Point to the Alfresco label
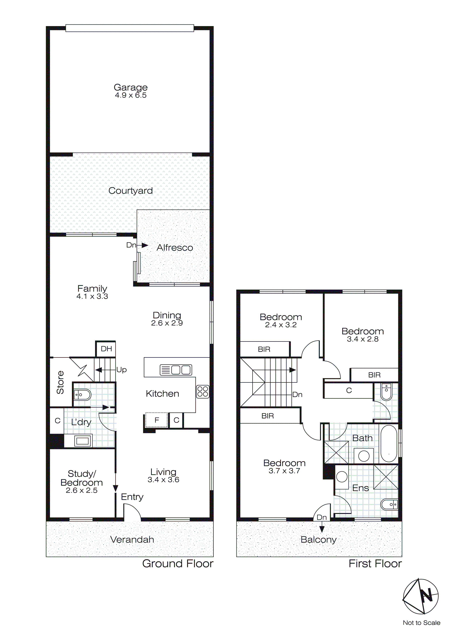[x=175, y=248]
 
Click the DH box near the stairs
[x=106, y=349]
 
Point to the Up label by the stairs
[x=121, y=370]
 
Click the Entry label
[x=132, y=497]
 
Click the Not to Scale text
[x=421, y=622]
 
